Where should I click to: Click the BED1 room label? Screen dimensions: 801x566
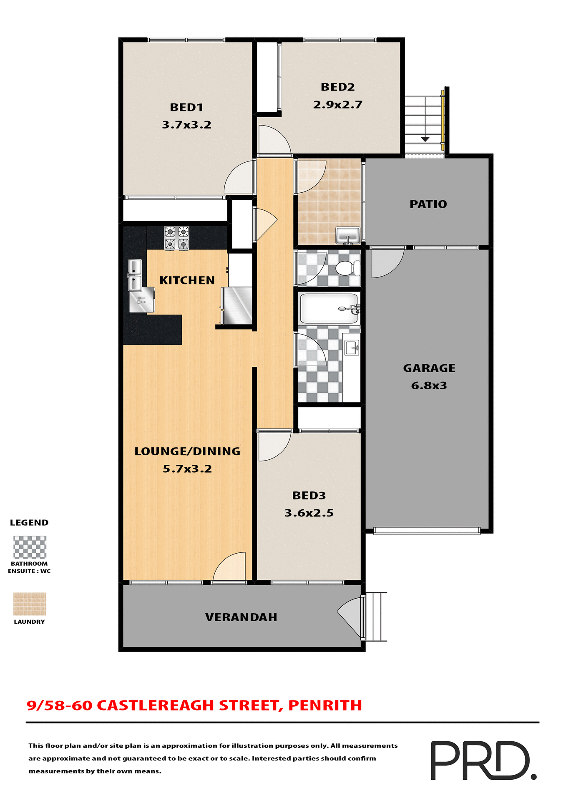(186, 108)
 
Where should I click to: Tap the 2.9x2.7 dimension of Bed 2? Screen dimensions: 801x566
(337, 105)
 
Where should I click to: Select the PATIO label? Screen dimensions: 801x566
(428, 204)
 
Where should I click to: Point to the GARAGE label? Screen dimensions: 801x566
(429, 368)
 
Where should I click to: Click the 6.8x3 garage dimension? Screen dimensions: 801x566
(429, 385)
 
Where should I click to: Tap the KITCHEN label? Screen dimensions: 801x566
(187, 280)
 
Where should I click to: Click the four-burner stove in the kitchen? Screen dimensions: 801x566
(177, 238)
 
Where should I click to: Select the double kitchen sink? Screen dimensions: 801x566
(135, 275)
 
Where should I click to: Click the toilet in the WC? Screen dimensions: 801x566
(347, 268)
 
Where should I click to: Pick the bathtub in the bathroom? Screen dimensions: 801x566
(329, 309)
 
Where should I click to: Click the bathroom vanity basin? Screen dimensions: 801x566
(352, 347)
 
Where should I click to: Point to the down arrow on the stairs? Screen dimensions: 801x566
(425, 139)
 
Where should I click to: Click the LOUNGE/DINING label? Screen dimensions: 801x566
(187, 451)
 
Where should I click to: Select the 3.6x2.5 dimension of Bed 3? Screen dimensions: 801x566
(309, 513)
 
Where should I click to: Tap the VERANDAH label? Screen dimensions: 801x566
(241, 617)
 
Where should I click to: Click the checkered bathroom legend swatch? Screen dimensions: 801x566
(30, 547)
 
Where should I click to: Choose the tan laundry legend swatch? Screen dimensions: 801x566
(30, 604)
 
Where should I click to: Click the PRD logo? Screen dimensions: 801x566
(483, 760)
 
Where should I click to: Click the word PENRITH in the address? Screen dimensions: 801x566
(325, 705)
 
